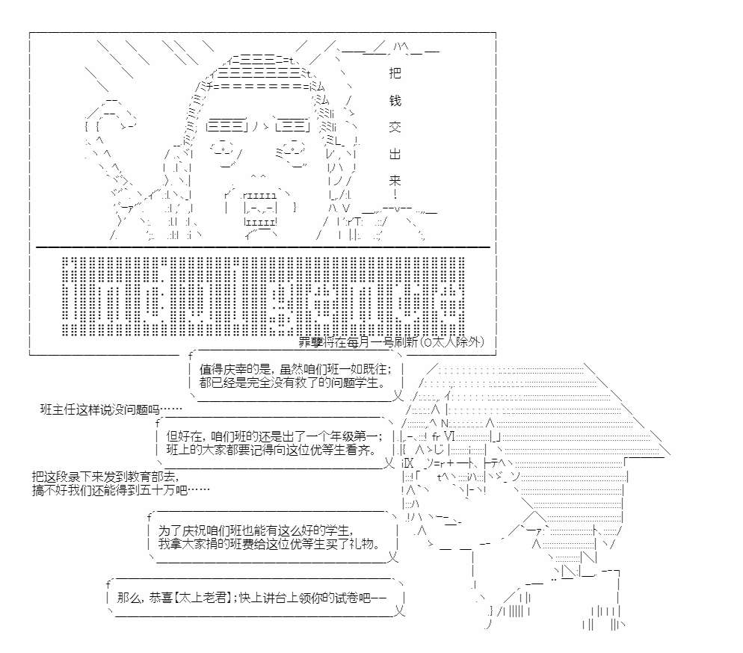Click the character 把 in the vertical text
[395, 73]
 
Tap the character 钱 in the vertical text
[395, 100]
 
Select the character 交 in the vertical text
[395, 127]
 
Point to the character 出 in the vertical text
[395, 154]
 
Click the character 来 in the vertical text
[395, 181]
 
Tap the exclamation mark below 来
[395, 196]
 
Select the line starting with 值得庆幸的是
[293, 368]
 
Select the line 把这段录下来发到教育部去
[106, 476]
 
